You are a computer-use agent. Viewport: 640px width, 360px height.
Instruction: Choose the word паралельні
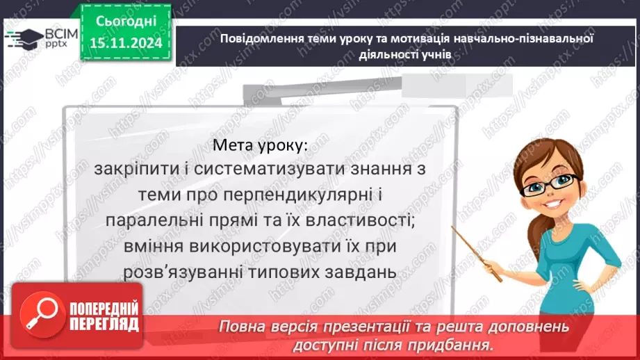pyautogui.click(x=151, y=221)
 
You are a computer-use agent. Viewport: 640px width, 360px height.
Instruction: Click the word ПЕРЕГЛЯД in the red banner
pyautogui.click(x=104, y=324)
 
